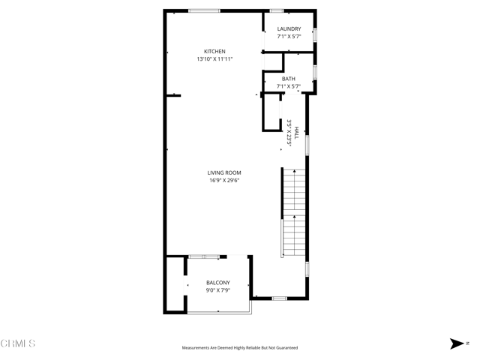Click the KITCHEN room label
pos(214,52)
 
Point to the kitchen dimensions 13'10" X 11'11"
pos(214,58)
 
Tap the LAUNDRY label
pos(289,29)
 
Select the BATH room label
pos(289,79)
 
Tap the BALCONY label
pos(218,283)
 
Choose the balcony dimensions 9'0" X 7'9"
pos(218,289)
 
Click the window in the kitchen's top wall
pos(204,10)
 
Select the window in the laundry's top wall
pos(277,10)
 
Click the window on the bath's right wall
pos(315,71)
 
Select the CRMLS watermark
pos(18,343)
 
